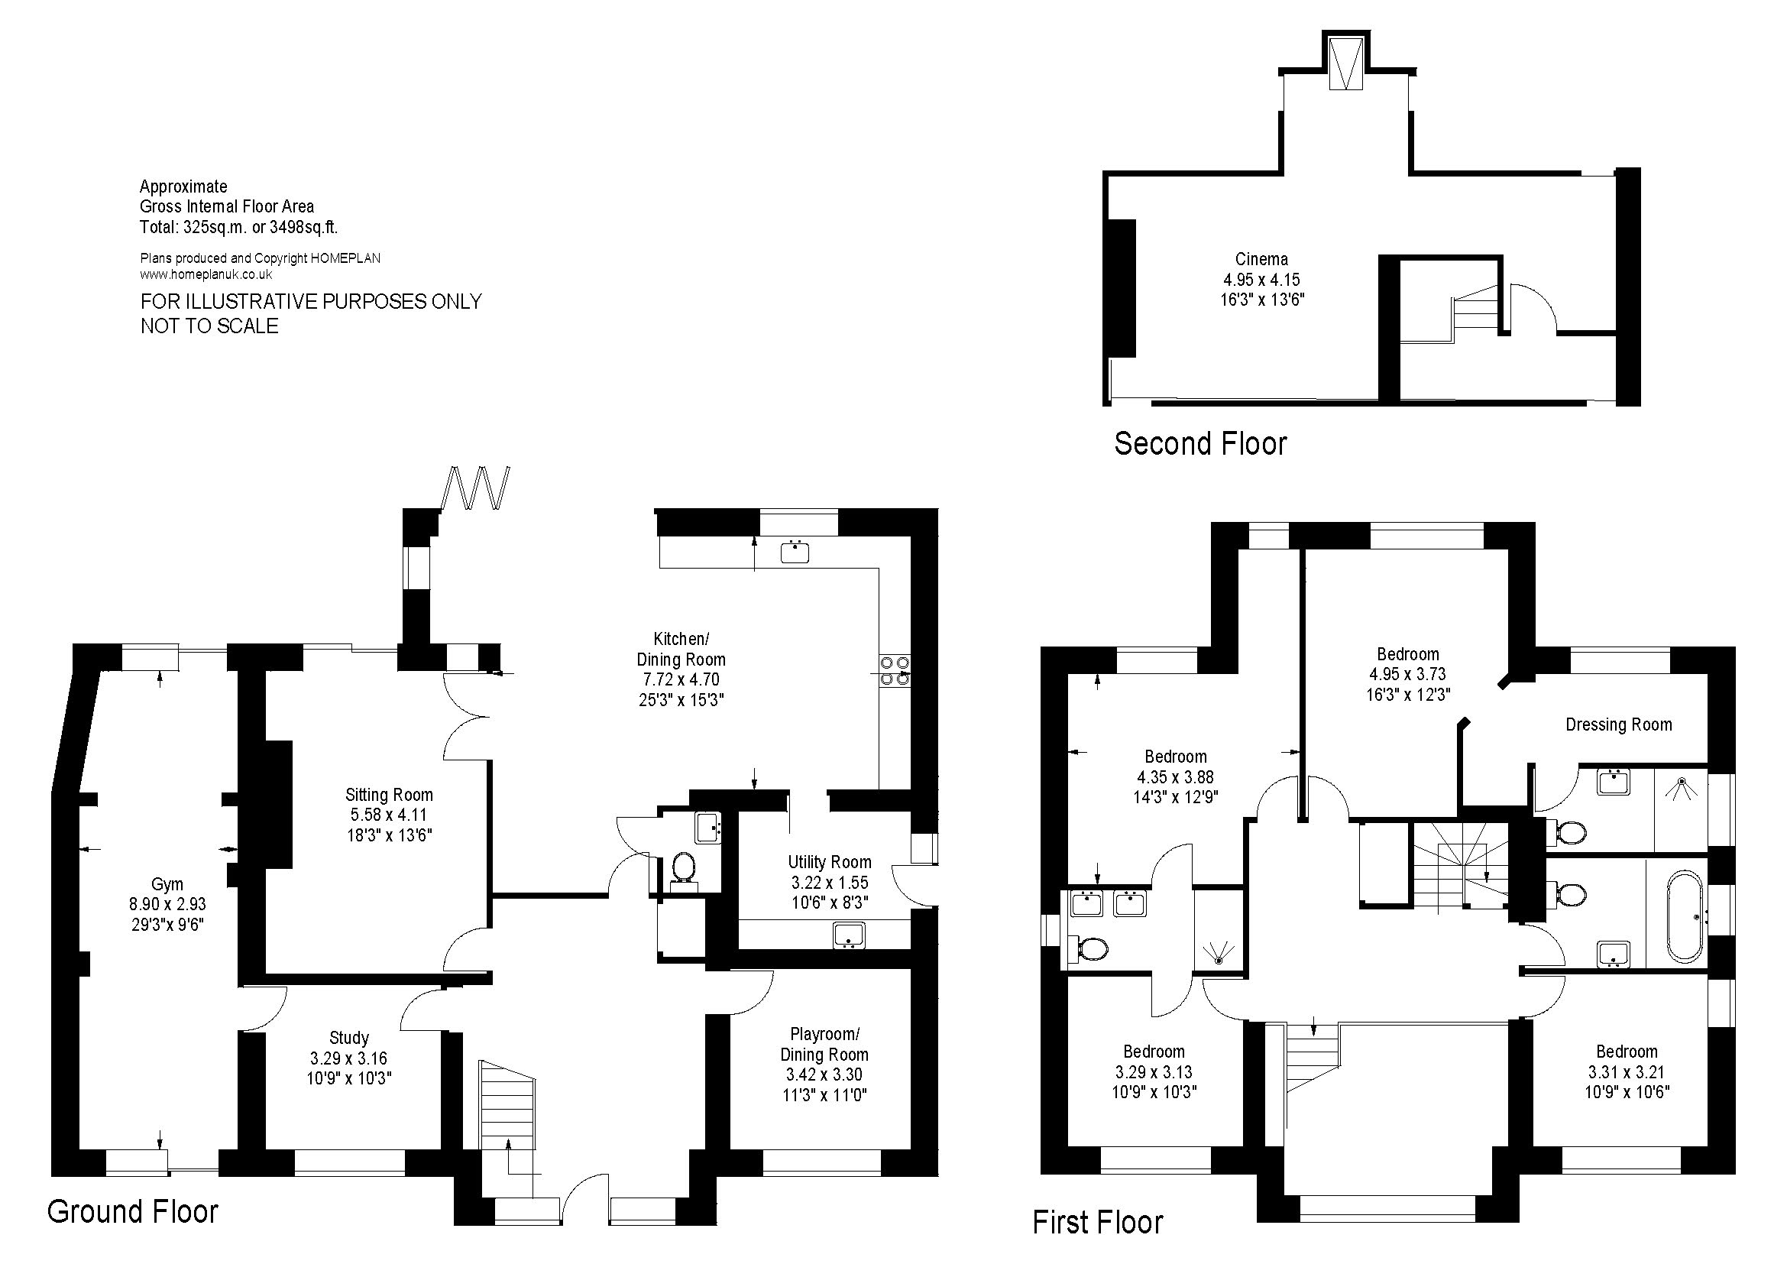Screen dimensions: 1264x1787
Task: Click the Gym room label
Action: pos(167,883)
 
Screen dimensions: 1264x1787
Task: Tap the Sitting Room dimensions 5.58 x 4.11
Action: pos(388,815)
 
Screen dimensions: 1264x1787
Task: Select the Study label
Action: pos(348,1038)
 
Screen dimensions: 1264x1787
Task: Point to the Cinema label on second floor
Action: pos(1261,259)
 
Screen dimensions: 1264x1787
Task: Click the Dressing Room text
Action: pos(1618,724)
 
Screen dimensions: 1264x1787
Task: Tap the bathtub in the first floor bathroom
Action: pos(1686,918)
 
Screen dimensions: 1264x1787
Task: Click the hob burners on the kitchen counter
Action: pos(895,670)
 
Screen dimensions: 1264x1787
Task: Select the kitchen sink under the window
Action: pos(795,552)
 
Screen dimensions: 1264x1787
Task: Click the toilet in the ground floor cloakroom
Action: pos(683,867)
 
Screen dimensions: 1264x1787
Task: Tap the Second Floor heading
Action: pos(1199,444)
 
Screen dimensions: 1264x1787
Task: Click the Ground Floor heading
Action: pos(132,1212)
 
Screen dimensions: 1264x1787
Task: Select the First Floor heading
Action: pos(1096,1222)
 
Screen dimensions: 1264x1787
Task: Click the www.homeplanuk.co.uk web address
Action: pos(206,274)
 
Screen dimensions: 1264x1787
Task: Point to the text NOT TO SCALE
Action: pos(209,326)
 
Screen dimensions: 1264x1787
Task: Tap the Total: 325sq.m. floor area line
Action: pos(238,227)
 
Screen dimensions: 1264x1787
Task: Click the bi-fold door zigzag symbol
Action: pos(475,488)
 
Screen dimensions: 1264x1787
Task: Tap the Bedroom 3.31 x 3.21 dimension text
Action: pos(1626,1071)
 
